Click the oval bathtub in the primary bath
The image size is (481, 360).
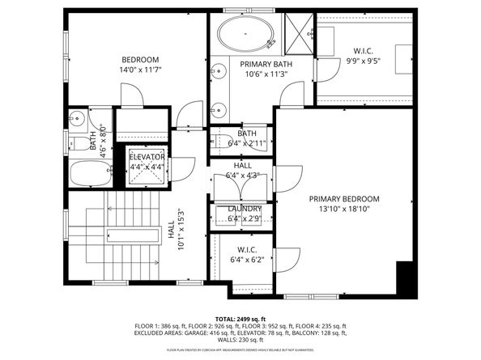[x=245, y=36]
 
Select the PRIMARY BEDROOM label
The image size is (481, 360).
[x=343, y=199]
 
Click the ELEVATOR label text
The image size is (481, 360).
[x=147, y=156]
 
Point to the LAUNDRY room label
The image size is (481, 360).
[x=244, y=209]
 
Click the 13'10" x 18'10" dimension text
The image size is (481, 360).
[x=343, y=210]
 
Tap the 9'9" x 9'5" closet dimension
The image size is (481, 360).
[x=363, y=59]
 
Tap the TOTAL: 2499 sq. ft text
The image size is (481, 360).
[x=240, y=320]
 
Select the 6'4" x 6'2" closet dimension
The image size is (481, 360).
[x=246, y=260]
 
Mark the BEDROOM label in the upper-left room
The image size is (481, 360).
[x=140, y=60]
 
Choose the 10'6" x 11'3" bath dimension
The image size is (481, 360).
[x=266, y=74]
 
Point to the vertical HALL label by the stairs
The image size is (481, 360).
[x=171, y=230]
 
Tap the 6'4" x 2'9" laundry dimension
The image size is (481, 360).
[x=244, y=218]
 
